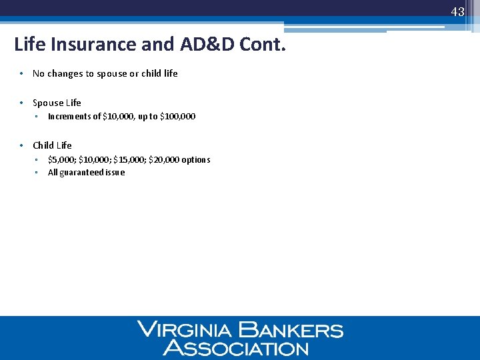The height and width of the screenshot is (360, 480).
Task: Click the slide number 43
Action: coord(457,12)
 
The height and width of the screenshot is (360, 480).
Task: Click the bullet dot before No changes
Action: coord(22,73)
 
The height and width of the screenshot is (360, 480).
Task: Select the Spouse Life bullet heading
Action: coord(57,103)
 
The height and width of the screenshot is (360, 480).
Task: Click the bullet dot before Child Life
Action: coord(22,145)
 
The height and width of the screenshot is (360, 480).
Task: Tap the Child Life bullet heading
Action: coord(52,145)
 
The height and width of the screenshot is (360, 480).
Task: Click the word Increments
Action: coord(69,117)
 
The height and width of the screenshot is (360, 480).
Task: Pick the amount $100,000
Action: coord(178,117)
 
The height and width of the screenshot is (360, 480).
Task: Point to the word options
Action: coord(196,160)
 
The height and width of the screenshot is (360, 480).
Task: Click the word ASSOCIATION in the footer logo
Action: coord(236,347)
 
